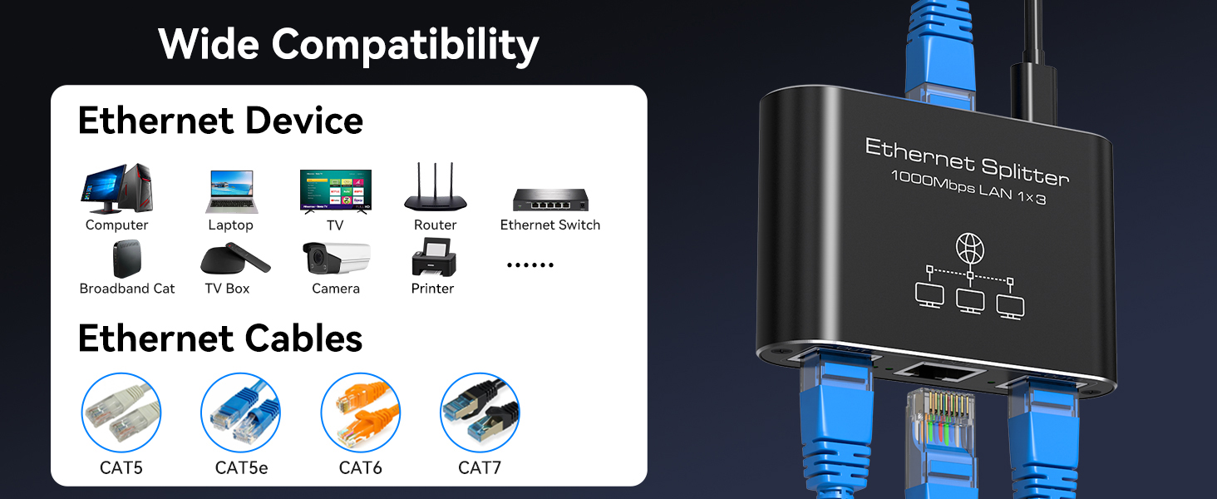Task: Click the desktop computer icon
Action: pyautogui.click(x=116, y=190)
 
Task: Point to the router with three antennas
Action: pyautogui.click(x=435, y=190)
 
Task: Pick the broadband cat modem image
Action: pyautogui.click(x=127, y=259)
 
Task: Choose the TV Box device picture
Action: pyautogui.click(x=234, y=259)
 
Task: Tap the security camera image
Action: pyautogui.click(x=336, y=258)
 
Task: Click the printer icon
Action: pyautogui.click(x=432, y=257)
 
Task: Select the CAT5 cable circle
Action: pyautogui.click(x=121, y=413)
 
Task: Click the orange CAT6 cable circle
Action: pyautogui.click(x=360, y=413)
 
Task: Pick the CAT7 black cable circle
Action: pyautogui.click(x=480, y=413)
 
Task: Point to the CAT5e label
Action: pyautogui.click(x=241, y=468)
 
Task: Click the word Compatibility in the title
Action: pyautogui.click(x=406, y=44)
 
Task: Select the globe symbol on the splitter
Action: pyautogui.click(x=969, y=248)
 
